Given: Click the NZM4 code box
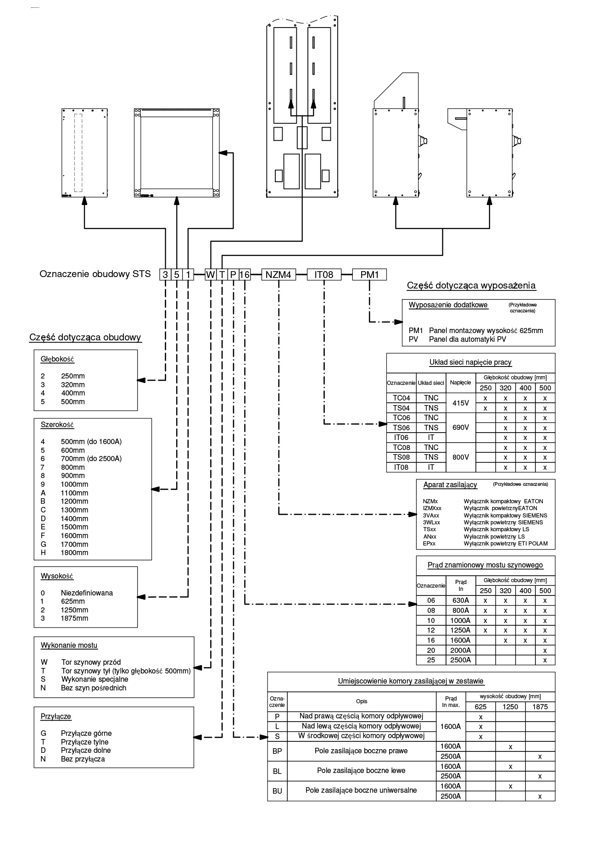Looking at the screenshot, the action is click(x=279, y=275).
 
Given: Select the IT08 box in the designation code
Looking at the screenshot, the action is click(x=324, y=275).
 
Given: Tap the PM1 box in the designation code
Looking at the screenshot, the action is click(x=369, y=275).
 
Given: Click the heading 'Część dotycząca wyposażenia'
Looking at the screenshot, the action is click(x=471, y=286).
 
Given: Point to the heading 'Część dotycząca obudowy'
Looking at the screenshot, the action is click(x=85, y=338).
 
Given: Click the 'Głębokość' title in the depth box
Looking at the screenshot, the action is click(x=57, y=359).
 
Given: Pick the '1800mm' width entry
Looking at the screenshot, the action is click(x=74, y=553).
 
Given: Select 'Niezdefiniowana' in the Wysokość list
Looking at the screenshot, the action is click(x=87, y=593).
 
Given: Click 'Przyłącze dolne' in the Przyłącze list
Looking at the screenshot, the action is click(x=86, y=751).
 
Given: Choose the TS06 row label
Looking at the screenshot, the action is click(x=401, y=428).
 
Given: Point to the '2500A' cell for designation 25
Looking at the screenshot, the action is click(x=461, y=660).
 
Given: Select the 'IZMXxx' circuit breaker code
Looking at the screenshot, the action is click(x=432, y=508).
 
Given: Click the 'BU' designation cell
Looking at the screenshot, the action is click(x=277, y=791).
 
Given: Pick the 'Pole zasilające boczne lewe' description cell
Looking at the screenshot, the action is click(x=361, y=771).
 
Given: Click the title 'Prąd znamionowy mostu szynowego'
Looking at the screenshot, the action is click(x=485, y=565).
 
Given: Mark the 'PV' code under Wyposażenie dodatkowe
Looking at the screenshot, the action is click(x=413, y=339).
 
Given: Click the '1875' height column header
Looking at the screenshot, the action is click(x=540, y=707).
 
